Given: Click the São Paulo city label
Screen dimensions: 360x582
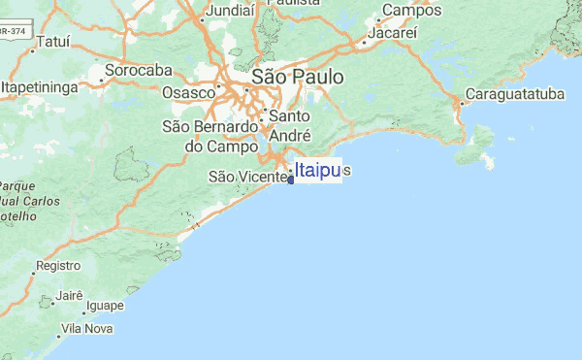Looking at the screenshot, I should coord(290,78).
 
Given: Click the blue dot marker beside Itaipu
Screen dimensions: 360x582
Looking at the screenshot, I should coord(291,179).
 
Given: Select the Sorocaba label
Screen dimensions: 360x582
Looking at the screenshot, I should coord(138,71).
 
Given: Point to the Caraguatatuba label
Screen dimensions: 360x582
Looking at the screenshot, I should coord(514,95).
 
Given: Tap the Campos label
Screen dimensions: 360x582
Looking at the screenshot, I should coord(411,11).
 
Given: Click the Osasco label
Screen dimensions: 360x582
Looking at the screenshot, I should coord(187,91).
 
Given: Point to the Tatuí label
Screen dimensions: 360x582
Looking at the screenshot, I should coord(52,43).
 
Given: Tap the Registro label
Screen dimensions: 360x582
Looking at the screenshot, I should coord(57,265).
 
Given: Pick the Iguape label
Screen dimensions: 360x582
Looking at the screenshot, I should coord(105,307).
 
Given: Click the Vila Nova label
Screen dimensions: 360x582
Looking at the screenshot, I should coord(86,330).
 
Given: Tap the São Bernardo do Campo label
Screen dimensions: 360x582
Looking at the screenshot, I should coord(209,137).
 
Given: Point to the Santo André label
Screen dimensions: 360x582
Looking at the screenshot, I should coord(289,126).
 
